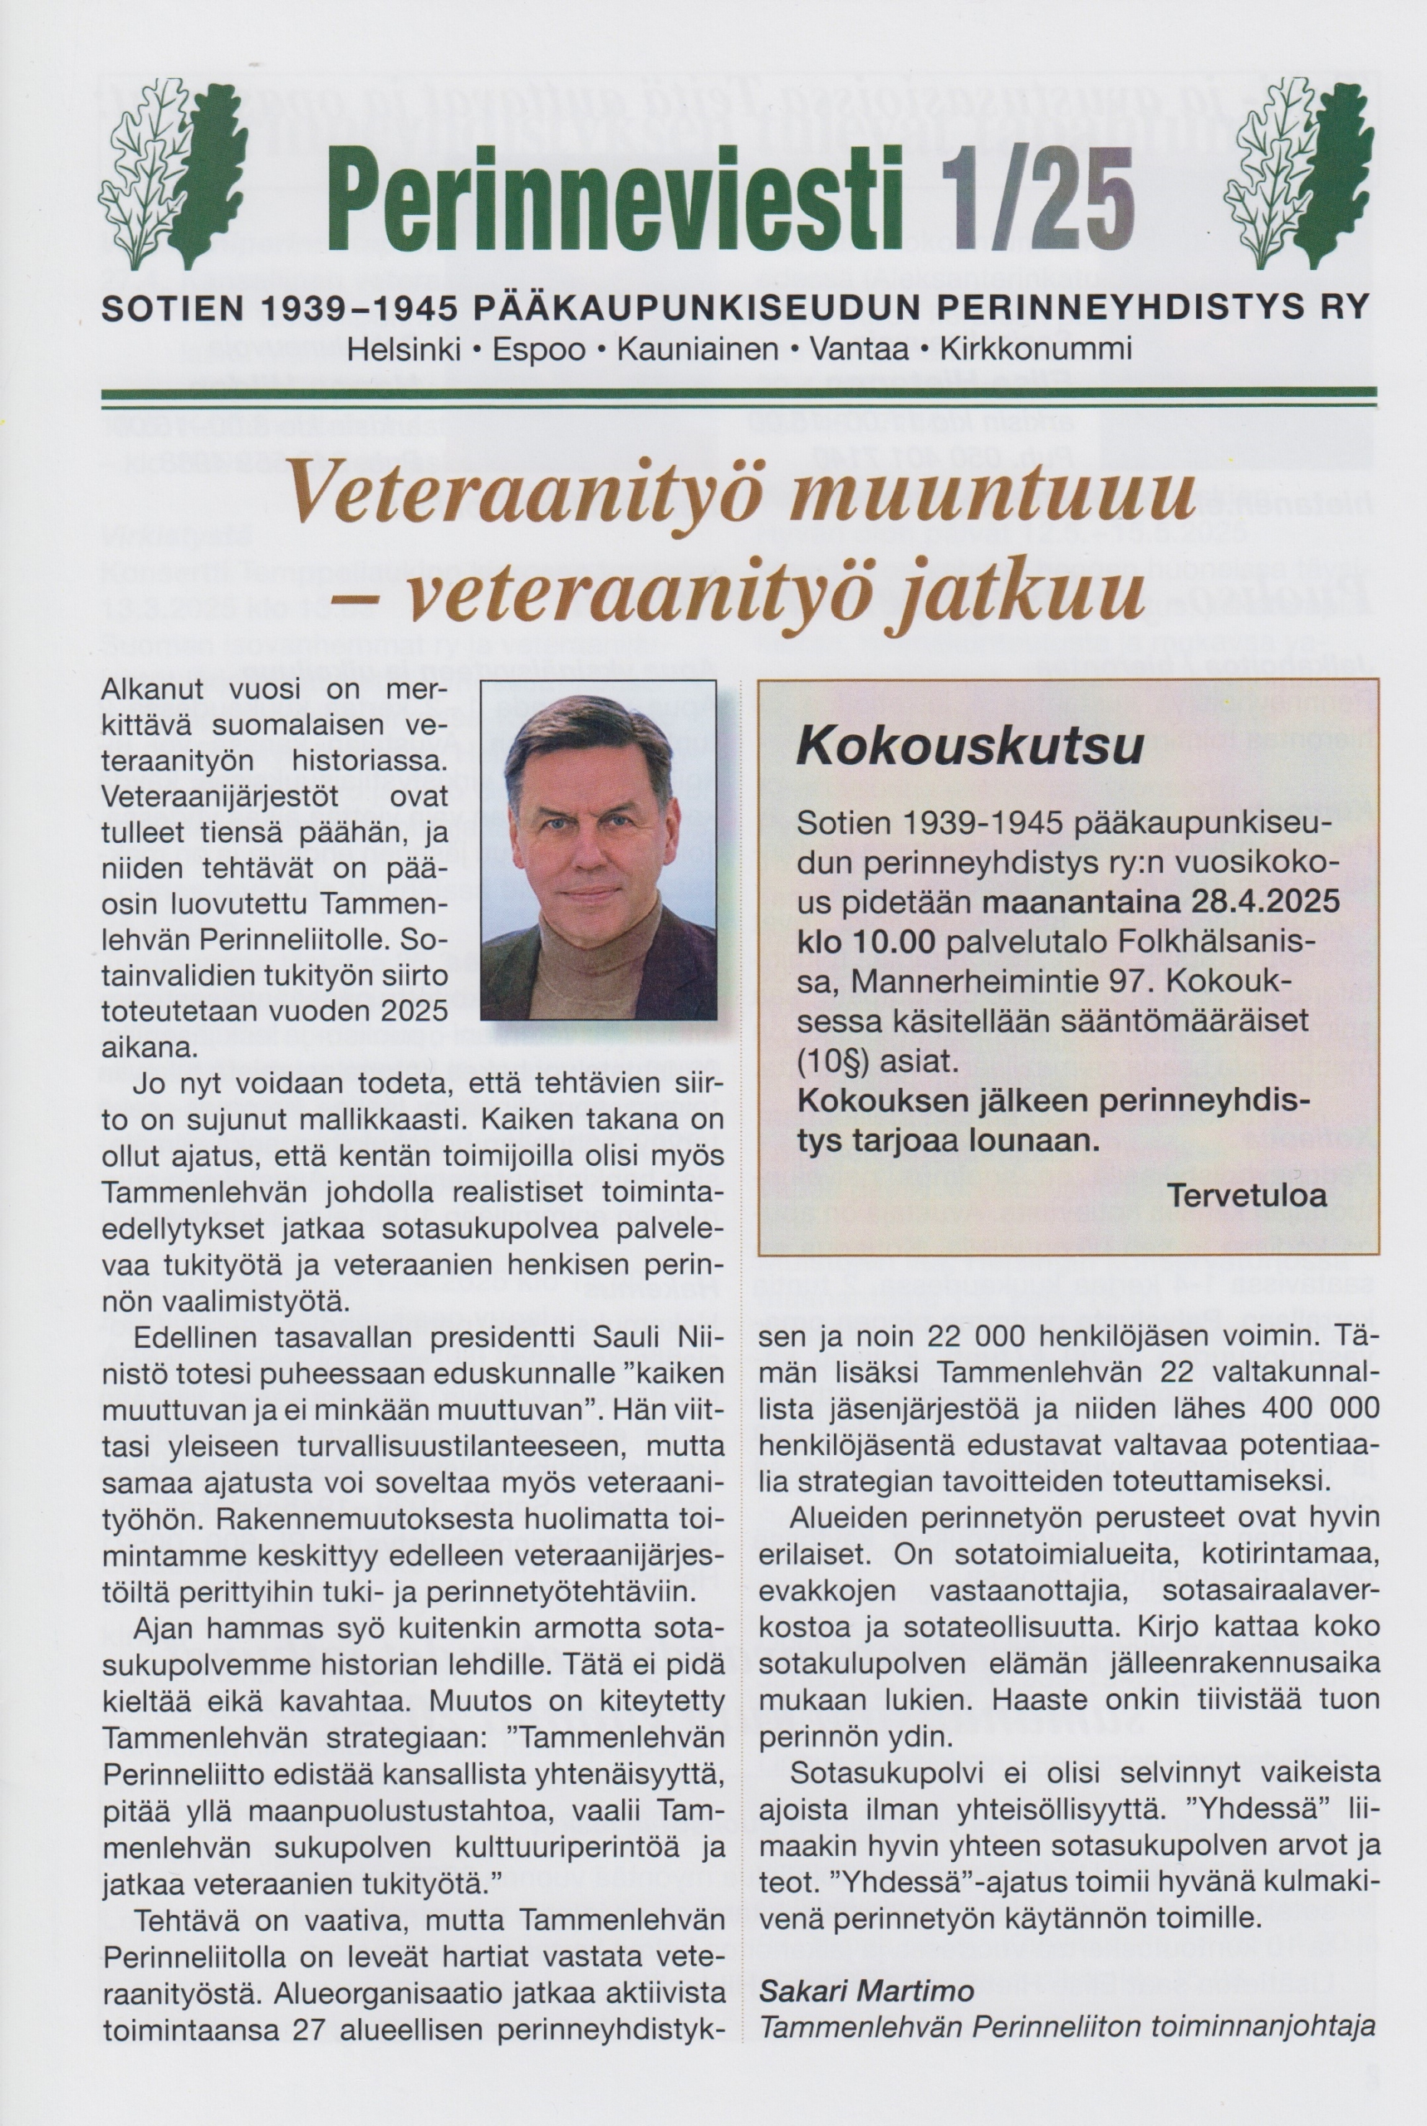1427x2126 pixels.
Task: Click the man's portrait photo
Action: (598, 850)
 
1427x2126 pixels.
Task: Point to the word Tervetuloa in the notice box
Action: (1247, 1194)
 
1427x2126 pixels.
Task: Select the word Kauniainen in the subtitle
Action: (698, 350)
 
